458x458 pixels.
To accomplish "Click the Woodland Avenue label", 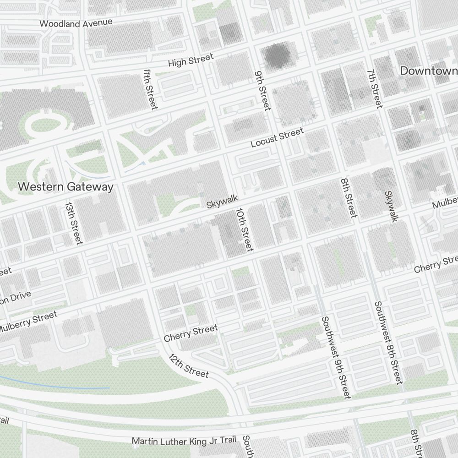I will [x=76, y=23].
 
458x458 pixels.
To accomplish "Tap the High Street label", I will [x=191, y=60].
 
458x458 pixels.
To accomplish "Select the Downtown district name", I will [x=429, y=71].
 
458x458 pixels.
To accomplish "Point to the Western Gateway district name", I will [x=65, y=187].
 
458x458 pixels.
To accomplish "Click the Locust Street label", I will [x=277, y=137].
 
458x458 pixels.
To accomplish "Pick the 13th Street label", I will [x=73, y=223].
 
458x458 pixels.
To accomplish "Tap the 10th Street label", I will [x=244, y=230].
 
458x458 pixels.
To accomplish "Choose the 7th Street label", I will [x=374, y=89].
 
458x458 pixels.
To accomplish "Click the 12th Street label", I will [x=188, y=366].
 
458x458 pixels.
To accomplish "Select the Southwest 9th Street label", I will [x=336, y=357].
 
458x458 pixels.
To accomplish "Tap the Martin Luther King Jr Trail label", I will [x=184, y=441].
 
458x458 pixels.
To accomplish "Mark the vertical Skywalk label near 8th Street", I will [x=390, y=207].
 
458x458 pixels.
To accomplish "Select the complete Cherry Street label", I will [x=191, y=333].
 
